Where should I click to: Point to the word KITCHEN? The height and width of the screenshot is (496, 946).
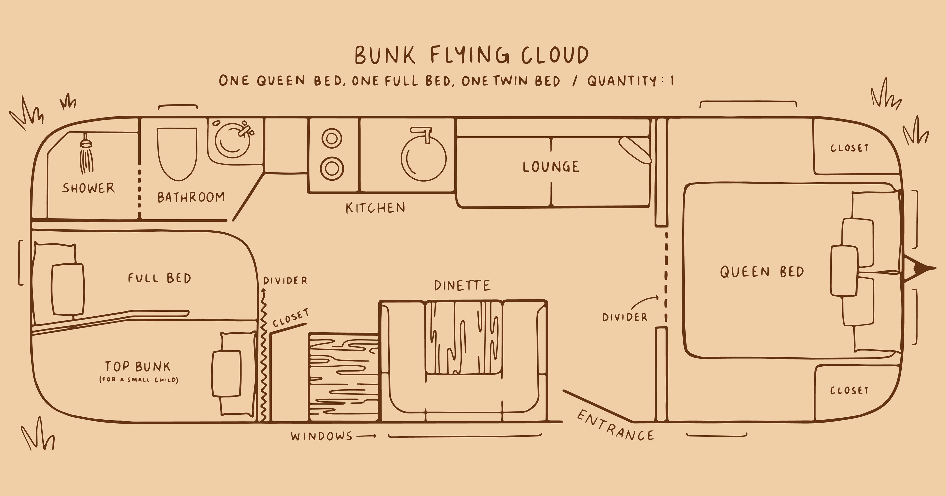(x=375, y=208)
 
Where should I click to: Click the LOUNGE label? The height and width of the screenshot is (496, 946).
(x=551, y=167)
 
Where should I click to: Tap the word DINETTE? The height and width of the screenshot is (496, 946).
(x=462, y=286)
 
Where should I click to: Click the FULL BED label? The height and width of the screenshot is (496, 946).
(x=159, y=278)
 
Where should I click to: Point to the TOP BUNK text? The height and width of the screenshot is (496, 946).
(x=138, y=366)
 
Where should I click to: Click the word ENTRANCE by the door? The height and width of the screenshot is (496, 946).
(x=615, y=426)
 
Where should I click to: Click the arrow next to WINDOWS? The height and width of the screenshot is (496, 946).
(x=367, y=436)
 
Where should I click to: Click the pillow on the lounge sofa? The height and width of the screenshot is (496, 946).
(x=635, y=150)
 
